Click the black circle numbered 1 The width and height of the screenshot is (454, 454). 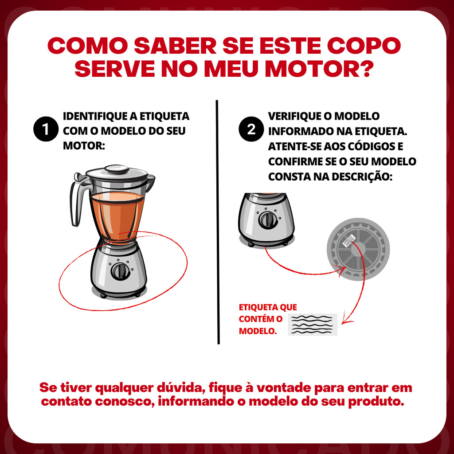click(46, 129)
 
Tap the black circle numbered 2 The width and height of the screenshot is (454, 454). click(251, 129)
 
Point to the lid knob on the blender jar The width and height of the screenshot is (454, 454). click(117, 169)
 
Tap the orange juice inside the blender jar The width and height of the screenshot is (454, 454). click(117, 216)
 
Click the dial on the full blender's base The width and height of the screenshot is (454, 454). click(120, 271)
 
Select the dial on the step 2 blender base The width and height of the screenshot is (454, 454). click(267, 220)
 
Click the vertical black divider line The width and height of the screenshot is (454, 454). click(217, 222)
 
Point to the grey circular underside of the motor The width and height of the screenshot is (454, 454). click(358, 249)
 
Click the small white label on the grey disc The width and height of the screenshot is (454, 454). click(349, 240)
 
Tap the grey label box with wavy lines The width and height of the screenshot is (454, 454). click(313, 325)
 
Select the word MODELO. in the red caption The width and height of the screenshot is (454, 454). click(258, 331)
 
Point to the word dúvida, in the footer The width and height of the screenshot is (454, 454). click(181, 387)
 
